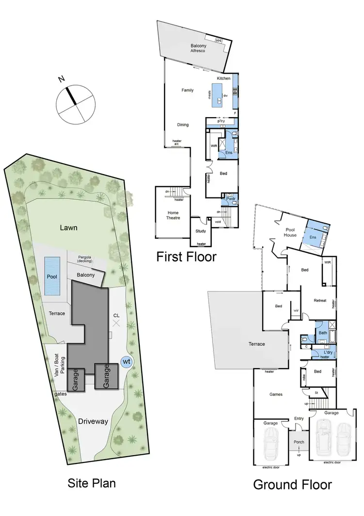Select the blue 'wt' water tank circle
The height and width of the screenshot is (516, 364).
[126, 362]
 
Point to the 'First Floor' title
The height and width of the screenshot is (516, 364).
[186, 256]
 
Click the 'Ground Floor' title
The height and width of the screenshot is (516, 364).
[293, 484]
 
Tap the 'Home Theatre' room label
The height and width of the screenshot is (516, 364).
[173, 215]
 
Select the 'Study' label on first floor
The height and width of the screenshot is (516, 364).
[201, 231]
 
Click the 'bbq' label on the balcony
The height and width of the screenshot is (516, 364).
[218, 41]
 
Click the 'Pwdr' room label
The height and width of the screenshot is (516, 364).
[231, 198]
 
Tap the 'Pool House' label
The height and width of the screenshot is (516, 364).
[290, 231]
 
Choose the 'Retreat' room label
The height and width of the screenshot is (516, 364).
[320, 301]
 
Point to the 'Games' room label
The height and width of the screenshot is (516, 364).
[276, 394]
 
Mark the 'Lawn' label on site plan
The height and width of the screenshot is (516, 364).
[69, 227]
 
